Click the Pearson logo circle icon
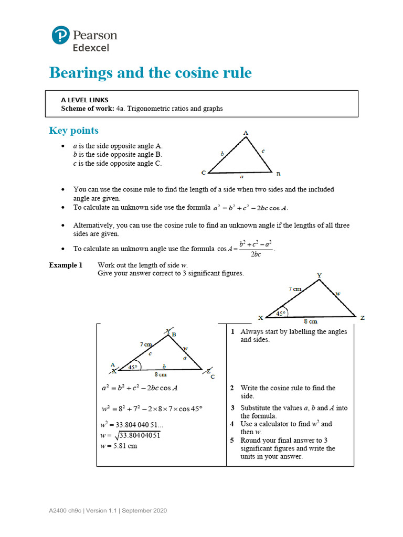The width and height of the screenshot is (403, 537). [x=60, y=36]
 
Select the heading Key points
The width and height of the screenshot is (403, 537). [x=73, y=131]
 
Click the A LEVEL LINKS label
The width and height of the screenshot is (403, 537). [x=84, y=100]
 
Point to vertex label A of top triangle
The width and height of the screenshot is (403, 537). [x=246, y=133]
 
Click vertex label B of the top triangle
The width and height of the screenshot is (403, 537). [x=278, y=174]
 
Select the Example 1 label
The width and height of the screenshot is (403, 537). [x=66, y=265]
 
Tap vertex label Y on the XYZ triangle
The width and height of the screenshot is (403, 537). [x=320, y=275]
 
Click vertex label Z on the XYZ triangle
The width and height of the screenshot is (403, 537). [x=362, y=318]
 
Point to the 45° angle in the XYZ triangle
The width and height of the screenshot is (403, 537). [x=281, y=314]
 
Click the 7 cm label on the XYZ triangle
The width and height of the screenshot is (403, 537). [x=295, y=289]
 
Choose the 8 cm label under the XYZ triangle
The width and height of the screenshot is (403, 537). [x=310, y=321]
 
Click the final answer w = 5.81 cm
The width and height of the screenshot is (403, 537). [x=119, y=446]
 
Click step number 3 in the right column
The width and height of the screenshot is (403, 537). [x=232, y=408]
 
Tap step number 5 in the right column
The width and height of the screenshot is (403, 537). [x=232, y=441]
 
